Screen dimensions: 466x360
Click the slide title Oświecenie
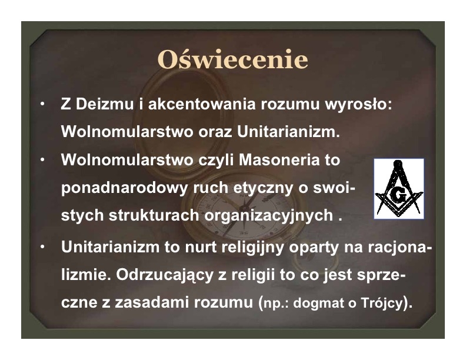pos(232,59)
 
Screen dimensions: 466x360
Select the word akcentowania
pos(202,104)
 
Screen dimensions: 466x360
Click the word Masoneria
pos(279,160)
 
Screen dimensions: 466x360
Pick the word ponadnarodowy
pos(125,188)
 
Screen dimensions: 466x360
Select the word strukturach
pos(154,215)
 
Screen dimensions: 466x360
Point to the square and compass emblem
pos(399,189)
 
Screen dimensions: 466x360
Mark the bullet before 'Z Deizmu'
pos(43,104)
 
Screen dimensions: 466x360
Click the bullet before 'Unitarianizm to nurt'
pos(43,246)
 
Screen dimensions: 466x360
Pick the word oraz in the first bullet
pos(215,132)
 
